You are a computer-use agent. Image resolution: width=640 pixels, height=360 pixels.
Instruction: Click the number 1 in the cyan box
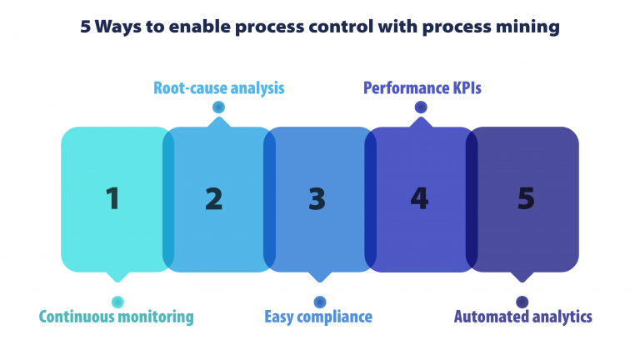click(112, 198)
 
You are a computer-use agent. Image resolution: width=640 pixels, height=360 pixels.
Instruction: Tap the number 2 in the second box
click(214, 198)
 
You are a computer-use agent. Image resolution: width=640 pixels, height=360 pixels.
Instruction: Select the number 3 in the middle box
click(317, 198)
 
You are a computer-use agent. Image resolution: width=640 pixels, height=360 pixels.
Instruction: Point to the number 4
click(419, 198)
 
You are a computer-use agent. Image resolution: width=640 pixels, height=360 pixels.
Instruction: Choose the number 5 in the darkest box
click(526, 198)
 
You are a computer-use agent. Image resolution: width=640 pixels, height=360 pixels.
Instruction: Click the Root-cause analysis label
click(219, 87)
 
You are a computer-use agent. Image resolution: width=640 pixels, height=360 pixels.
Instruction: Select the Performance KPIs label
click(422, 87)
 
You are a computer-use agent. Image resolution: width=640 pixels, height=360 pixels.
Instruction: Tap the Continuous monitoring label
click(116, 317)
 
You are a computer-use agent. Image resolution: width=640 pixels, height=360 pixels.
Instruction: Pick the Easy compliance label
click(318, 317)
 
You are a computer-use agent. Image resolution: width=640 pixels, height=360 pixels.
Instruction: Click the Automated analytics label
click(522, 317)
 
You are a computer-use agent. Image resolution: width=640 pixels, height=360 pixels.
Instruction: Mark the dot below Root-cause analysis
click(218, 107)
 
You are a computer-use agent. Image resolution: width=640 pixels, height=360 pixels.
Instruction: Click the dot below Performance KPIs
click(421, 107)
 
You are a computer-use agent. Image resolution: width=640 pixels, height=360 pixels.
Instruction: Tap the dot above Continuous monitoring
click(117, 302)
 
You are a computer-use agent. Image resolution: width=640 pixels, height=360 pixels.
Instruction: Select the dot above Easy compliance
click(319, 302)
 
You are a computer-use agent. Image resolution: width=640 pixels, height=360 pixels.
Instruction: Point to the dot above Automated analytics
click(522, 302)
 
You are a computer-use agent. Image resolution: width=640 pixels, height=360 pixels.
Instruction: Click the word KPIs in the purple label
click(463, 87)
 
